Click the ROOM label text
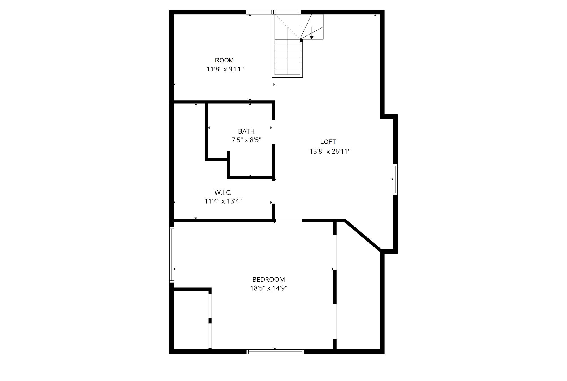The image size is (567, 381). pyautogui.click(x=224, y=60)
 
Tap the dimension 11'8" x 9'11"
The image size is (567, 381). pyautogui.click(x=225, y=69)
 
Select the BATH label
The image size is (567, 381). pyautogui.click(x=246, y=131)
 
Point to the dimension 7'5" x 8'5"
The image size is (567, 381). pyautogui.click(x=246, y=140)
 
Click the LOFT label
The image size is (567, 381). pyautogui.click(x=328, y=142)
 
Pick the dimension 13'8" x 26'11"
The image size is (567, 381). pyautogui.click(x=330, y=151)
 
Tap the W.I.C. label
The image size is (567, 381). pyautogui.click(x=223, y=192)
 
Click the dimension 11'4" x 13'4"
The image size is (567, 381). pyautogui.click(x=223, y=201)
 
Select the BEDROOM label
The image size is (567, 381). pyautogui.click(x=268, y=280)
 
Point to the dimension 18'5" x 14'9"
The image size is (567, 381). pyautogui.click(x=268, y=289)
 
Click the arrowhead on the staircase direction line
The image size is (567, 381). pyautogui.click(x=312, y=37)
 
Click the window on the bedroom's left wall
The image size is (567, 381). pyautogui.click(x=171, y=255)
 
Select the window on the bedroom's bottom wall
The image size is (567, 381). pyautogui.click(x=275, y=352)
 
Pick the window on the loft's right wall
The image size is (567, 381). pyautogui.click(x=395, y=179)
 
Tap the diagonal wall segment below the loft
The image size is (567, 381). pyautogui.click(x=362, y=235)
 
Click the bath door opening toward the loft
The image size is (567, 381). pyautogui.click(x=273, y=132)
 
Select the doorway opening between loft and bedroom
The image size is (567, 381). pyautogui.click(x=289, y=220)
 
